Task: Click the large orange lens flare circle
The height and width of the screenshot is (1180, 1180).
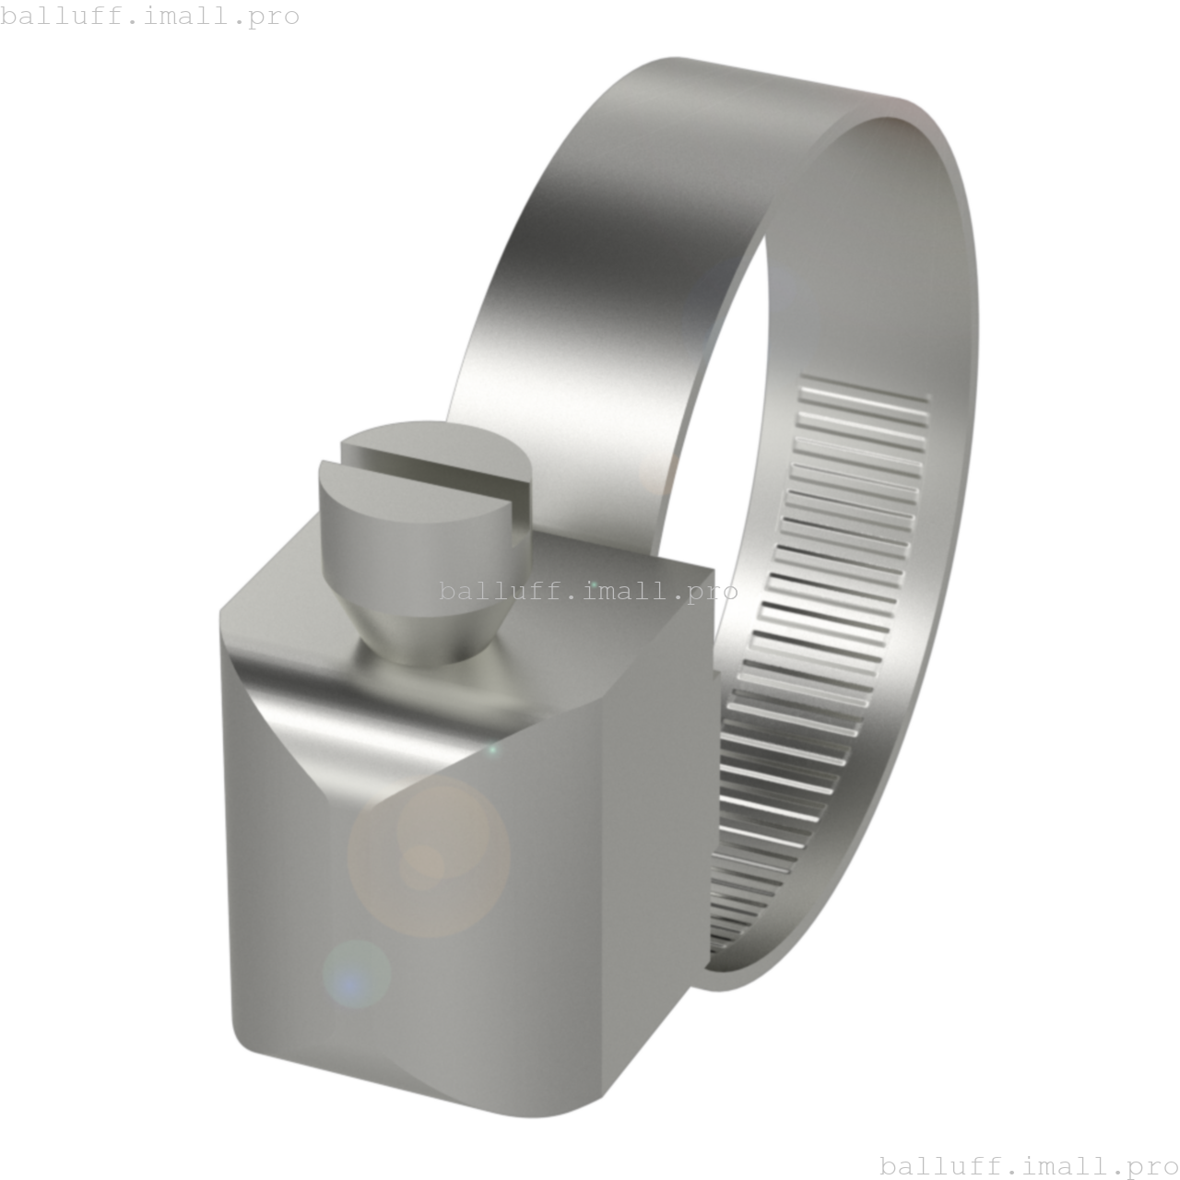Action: click(x=429, y=857)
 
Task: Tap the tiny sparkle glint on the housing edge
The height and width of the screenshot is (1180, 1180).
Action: click(x=491, y=749)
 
